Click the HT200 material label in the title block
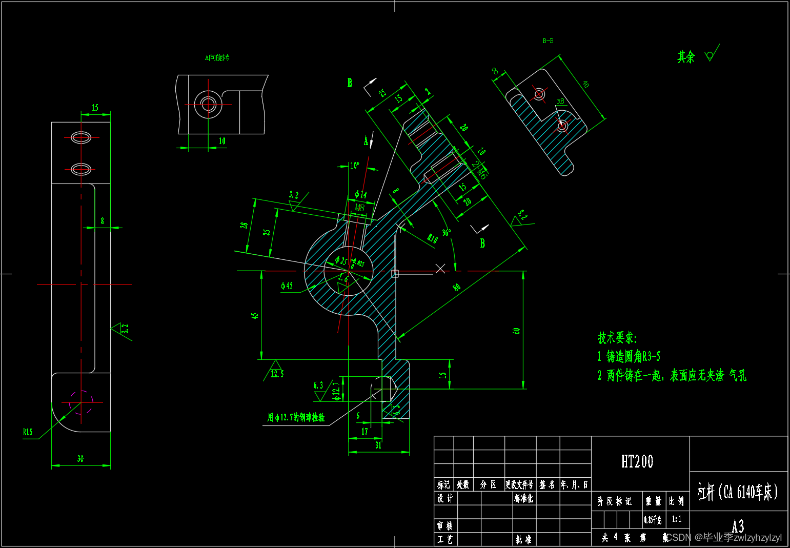pyautogui.click(x=637, y=462)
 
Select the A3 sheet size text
pyautogui.click(x=738, y=526)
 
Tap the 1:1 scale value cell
pyautogui.click(x=677, y=519)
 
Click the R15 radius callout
pyautogui.click(x=28, y=432)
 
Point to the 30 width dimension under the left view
pyautogui.click(x=80, y=459)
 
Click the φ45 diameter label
pyautogui.click(x=287, y=286)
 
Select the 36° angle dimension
pyautogui.click(x=447, y=232)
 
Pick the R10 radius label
pyautogui.click(x=433, y=238)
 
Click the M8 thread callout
pyautogui.click(x=359, y=208)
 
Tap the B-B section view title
pyautogui.click(x=548, y=41)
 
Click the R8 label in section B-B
pyautogui.click(x=560, y=102)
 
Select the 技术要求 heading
pyautogui.click(x=617, y=338)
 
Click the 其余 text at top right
pyautogui.click(x=686, y=57)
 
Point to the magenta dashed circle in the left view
pyautogui.click(x=81, y=402)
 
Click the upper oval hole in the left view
pyautogui.click(x=81, y=137)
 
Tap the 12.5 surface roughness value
pyautogui.click(x=277, y=374)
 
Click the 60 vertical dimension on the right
pyautogui.click(x=516, y=331)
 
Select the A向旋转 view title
pyautogui.click(x=217, y=58)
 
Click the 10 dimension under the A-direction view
pyautogui.click(x=222, y=141)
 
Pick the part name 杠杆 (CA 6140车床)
pyautogui.click(x=738, y=492)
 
